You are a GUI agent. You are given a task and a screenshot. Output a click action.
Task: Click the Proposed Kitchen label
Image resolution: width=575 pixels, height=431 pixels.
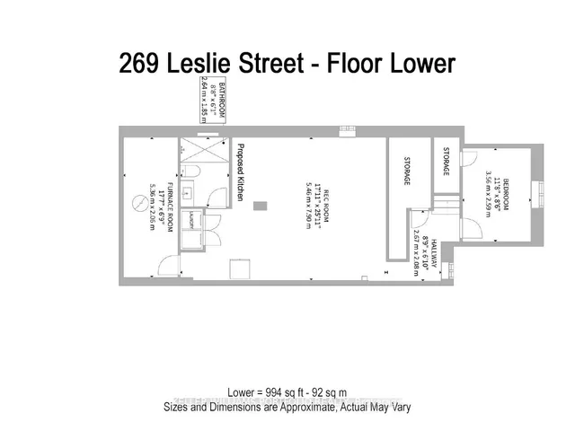(x=240, y=176)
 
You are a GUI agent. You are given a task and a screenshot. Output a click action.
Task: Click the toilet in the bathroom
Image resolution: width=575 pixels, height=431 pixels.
(x=191, y=172)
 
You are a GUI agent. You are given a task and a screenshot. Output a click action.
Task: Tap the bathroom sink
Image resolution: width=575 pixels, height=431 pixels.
(x=189, y=191)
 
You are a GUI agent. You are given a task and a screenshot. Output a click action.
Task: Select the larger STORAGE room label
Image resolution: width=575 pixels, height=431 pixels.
(x=406, y=171)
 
